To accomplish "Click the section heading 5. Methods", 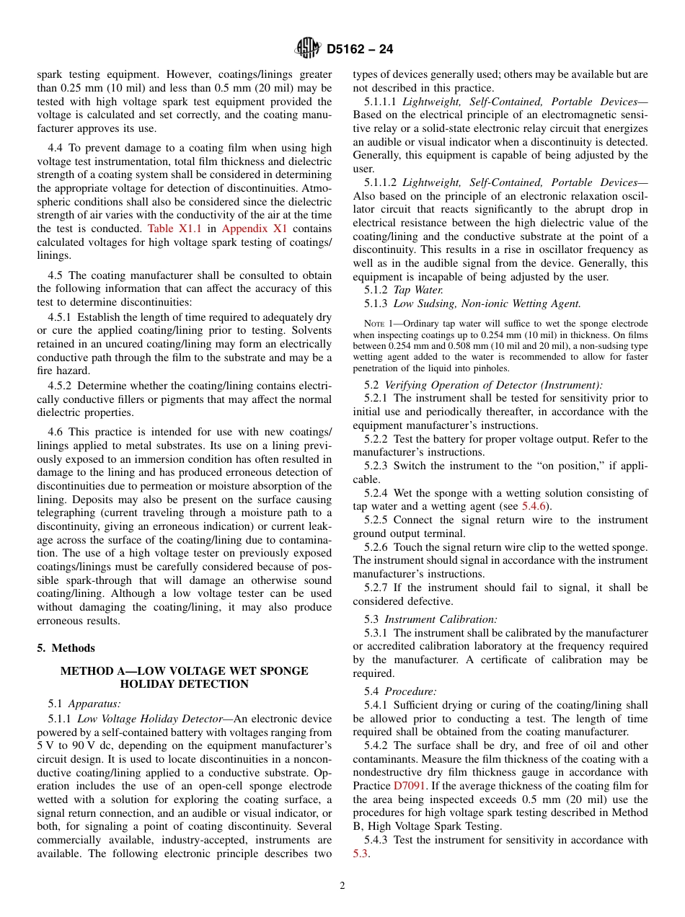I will tap(66, 648).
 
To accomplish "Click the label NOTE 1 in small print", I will tap(379, 324).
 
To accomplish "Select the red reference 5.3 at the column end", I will tap(361, 854).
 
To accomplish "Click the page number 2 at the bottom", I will tap(342, 887).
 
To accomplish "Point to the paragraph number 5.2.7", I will tap(377, 588).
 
